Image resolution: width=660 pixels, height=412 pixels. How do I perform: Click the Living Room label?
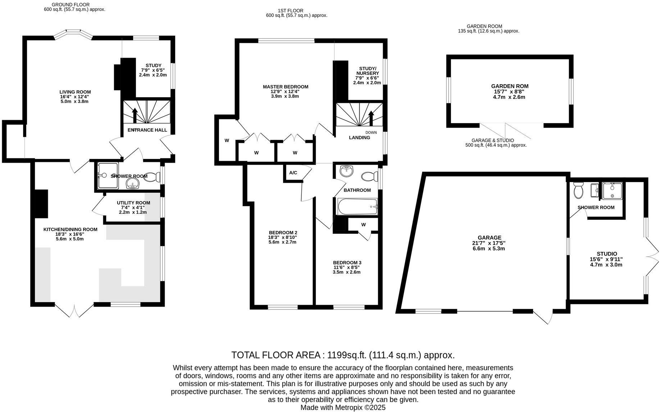point(75,92)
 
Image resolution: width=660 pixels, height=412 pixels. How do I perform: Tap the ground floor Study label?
point(153,65)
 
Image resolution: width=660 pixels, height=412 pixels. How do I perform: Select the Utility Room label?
point(133,203)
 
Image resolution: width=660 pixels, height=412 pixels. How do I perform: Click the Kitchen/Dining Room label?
point(70,230)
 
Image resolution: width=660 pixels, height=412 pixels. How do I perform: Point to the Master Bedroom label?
point(285,87)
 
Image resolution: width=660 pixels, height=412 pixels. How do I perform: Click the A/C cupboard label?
point(293,173)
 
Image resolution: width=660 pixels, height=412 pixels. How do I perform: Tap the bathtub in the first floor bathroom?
point(357,207)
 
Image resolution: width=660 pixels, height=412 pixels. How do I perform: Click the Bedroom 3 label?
point(347,263)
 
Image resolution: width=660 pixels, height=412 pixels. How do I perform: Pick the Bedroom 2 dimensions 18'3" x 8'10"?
point(283,237)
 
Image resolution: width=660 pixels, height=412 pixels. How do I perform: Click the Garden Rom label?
point(510,86)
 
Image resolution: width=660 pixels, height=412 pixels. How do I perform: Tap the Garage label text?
point(489,238)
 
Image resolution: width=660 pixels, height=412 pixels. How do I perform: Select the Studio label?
point(607,254)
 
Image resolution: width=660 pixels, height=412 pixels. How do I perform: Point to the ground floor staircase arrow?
point(135,115)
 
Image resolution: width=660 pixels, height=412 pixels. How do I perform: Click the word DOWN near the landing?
point(371,132)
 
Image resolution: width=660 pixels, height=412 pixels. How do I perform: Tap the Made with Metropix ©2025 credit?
point(343,408)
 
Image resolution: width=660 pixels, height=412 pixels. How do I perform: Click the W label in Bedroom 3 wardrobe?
point(363,225)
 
